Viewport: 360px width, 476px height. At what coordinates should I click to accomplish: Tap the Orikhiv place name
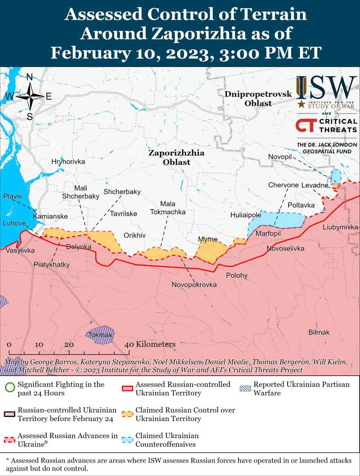click(135, 236)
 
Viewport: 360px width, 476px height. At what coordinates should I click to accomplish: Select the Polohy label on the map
click(237, 275)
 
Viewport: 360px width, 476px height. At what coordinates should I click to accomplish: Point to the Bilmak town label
click(319, 332)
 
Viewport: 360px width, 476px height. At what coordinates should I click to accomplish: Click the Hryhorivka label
click(68, 161)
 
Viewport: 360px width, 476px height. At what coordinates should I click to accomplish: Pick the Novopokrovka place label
click(194, 285)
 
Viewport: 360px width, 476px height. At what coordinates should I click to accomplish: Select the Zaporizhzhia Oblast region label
click(176, 158)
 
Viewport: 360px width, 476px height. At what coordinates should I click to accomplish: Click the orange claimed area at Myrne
click(210, 250)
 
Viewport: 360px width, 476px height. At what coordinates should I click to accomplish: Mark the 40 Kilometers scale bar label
click(150, 344)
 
